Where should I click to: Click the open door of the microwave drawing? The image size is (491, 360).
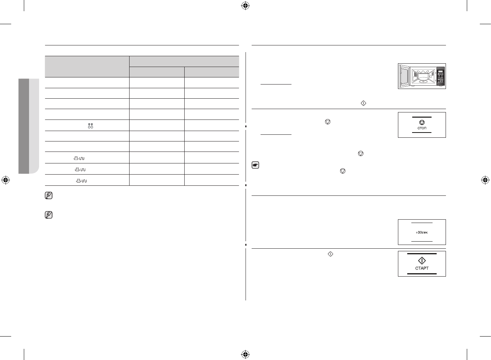click(403, 76)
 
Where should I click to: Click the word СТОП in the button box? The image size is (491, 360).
click(422, 128)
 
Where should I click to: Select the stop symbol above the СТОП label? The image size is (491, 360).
click(422, 122)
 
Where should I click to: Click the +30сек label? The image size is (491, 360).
click(422, 232)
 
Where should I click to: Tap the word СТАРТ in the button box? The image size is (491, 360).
click(422, 268)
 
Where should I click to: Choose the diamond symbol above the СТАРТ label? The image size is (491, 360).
click(422, 261)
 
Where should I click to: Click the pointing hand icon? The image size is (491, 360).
click(255, 166)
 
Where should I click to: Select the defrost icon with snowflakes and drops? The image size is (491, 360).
click(90, 125)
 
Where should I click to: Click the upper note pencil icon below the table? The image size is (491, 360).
click(48, 195)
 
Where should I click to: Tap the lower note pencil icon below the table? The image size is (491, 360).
click(48, 215)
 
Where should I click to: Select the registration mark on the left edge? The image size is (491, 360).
click(5, 180)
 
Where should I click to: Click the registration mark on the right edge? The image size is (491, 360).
click(485, 180)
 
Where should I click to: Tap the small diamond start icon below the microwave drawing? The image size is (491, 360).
click(364, 103)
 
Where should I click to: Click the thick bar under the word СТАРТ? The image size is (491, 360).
click(422, 274)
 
